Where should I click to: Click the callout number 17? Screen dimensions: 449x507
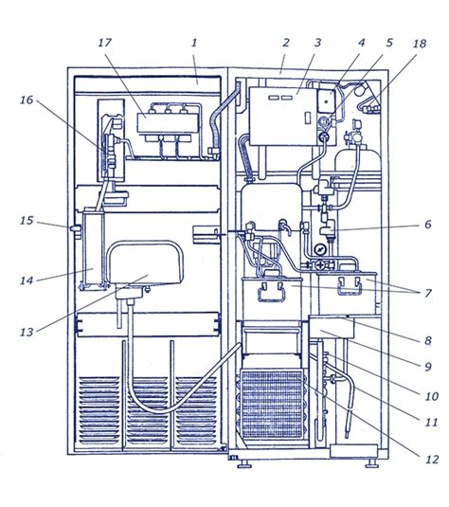pos(105,43)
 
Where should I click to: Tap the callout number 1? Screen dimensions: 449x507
pos(194,43)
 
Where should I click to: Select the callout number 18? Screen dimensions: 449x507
pos(420,44)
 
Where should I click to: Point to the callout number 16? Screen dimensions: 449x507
pos(27,100)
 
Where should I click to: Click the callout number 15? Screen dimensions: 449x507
pos(27,221)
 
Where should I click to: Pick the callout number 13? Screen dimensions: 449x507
pos(27,332)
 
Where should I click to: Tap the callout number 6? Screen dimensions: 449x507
pos(427,224)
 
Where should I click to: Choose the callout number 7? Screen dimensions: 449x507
pos(428,293)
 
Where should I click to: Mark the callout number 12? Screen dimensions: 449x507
pos(432,460)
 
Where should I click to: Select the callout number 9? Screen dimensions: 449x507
pos(427,367)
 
